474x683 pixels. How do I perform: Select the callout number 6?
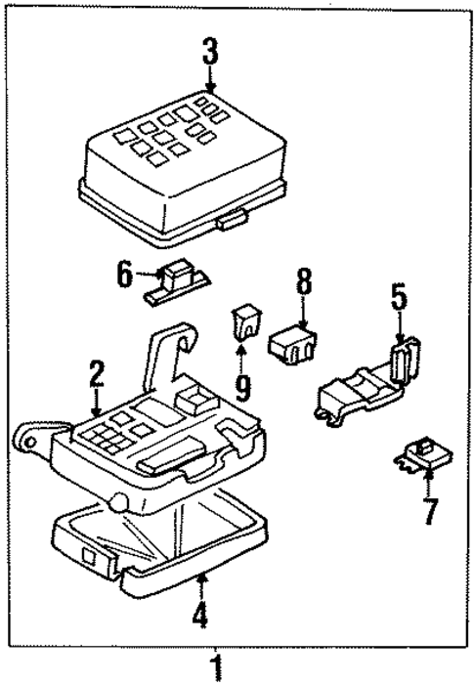tap(124, 274)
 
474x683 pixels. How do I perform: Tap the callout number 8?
tap(303, 283)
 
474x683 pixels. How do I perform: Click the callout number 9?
tap(242, 388)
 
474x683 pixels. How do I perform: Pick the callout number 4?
tap(199, 618)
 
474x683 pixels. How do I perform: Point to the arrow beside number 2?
tap(95, 400)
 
